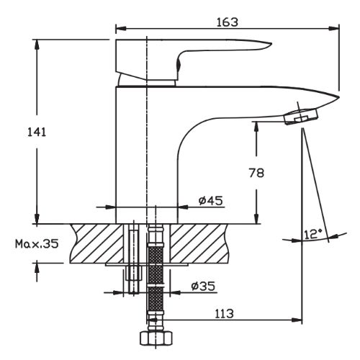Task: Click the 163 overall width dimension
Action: (x=227, y=22)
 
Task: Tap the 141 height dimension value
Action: (x=37, y=132)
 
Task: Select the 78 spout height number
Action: (x=256, y=173)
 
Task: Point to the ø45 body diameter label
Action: (x=211, y=201)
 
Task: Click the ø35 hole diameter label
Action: (x=203, y=286)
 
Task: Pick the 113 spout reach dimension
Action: (x=224, y=313)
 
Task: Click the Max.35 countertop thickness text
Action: (x=37, y=244)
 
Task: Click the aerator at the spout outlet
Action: (x=302, y=116)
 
